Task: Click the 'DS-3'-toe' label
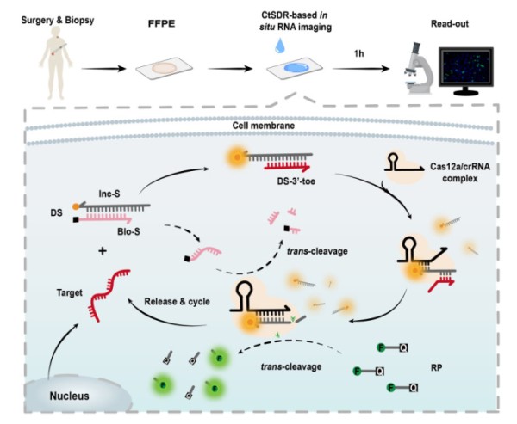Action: coord(281,199)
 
